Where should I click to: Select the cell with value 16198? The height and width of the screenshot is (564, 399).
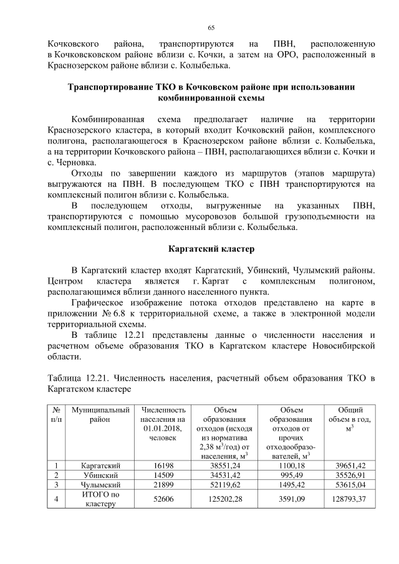click(x=164, y=465)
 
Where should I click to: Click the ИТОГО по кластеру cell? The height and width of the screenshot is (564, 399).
click(x=101, y=499)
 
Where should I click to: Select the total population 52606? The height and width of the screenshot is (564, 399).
click(x=164, y=499)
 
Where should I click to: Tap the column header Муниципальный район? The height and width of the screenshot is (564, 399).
click(x=101, y=414)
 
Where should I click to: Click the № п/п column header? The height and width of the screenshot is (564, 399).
click(x=57, y=414)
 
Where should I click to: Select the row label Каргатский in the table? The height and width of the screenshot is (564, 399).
click(x=101, y=465)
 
